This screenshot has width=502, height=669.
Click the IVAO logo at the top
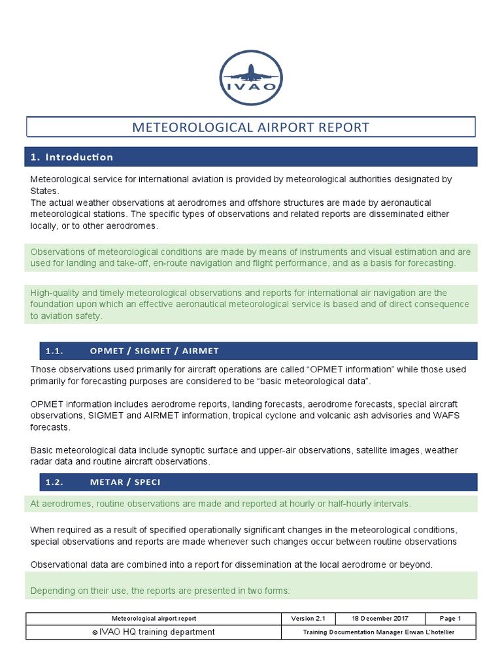[x=251, y=78]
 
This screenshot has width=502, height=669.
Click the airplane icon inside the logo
[x=251, y=71]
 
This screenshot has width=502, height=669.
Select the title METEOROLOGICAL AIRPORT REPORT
[x=251, y=127]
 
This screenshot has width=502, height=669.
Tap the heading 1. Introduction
[x=72, y=157]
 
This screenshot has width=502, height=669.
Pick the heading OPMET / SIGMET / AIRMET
[x=154, y=351]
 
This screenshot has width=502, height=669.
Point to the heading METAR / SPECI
[x=125, y=482]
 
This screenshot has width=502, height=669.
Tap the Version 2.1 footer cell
[x=307, y=618]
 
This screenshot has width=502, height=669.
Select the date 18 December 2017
[x=379, y=618]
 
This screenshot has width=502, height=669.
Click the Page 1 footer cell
[x=450, y=618]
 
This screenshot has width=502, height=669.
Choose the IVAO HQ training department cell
[x=154, y=632]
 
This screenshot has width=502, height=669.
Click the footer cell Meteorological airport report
[x=154, y=618]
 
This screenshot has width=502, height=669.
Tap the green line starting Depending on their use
[x=160, y=591]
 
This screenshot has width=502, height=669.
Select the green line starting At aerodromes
[x=220, y=504]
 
